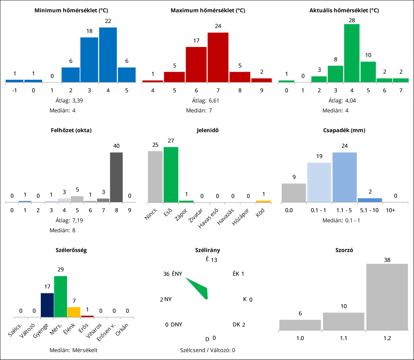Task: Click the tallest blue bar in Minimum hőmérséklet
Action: point(108,55)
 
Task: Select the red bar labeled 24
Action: point(218,57)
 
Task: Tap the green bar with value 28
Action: point(352,53)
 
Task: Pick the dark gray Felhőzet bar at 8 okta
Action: point(116,177)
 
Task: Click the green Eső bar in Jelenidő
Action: point(171,174)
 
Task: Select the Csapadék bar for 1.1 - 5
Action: point(345,177)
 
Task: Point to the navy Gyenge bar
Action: point(47,305)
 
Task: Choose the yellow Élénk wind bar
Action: point(74,312)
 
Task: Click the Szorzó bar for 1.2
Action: point(387,297)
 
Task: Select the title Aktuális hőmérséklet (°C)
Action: point(344,10)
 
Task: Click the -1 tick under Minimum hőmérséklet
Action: point(15,90)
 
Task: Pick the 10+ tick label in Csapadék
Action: point(391,210)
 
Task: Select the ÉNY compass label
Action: point(177,274)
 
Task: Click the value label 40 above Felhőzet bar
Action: point(116,146)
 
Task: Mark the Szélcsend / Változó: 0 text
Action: point(207,350)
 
